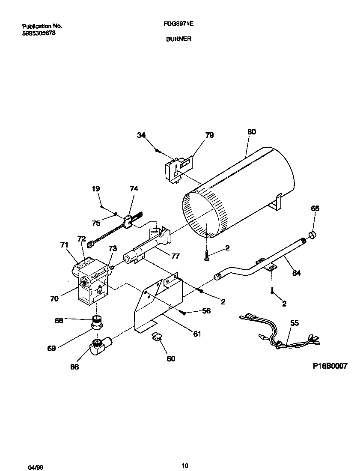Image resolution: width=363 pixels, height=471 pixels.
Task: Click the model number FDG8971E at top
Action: [x=179, y=24]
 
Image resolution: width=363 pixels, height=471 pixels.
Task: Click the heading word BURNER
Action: [x=179, y=39]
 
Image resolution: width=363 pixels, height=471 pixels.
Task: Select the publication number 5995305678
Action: [x=39, y=33]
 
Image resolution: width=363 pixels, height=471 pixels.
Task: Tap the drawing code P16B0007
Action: [x=330, y=366]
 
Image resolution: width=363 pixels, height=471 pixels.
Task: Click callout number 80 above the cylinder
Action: [x=252, y=132]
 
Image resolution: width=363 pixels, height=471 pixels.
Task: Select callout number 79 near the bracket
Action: [x=209, y=135]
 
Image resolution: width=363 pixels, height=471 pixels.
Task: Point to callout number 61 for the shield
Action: [x=196, y=334]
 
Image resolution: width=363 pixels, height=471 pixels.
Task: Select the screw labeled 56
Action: [x=183, y=313]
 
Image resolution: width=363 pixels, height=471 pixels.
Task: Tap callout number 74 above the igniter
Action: [x=134, y=188]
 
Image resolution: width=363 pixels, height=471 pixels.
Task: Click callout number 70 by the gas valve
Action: [x=54, y=299]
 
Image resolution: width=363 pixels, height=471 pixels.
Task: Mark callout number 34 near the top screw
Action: [x=141, y=135]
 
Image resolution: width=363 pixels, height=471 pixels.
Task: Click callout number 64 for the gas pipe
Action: [x=296, y=273]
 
